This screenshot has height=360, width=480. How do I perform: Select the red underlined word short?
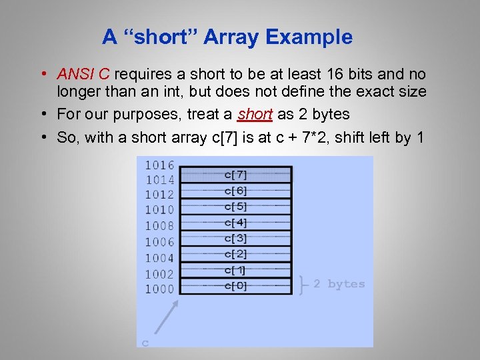tap(255, 114)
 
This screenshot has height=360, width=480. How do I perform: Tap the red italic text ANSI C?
tap(83, 74)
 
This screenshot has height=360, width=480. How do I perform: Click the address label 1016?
tap(159, 165)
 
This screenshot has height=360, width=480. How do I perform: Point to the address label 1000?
tap(159, 289)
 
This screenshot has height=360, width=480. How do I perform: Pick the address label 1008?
tap(159, 225)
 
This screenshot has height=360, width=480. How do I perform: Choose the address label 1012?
tap(159, 195)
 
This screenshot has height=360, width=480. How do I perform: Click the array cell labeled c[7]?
tap(235, 175)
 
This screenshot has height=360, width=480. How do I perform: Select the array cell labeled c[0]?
tap(235, 286)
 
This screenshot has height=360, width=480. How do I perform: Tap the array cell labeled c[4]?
tap(235, 223)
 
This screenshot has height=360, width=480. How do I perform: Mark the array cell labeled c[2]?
tap(235, 254)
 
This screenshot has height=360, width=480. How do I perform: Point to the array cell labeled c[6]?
tap(235, 191)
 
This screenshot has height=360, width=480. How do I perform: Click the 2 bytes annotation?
tap(339, 284)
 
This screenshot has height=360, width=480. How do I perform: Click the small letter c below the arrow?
tap(145, 343)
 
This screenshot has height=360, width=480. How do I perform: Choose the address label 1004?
tap(159, 257)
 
